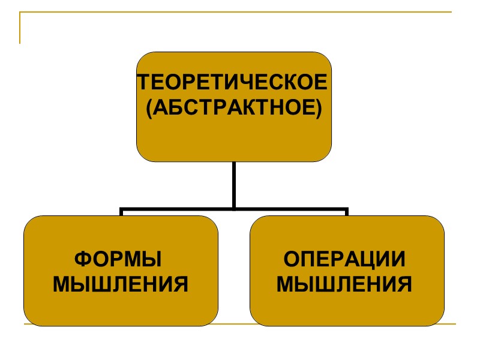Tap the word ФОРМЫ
[118, 260]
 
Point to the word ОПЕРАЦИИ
[344, 260]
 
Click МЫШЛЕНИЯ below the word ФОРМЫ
[121, 284]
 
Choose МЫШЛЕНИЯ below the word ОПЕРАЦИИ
[344, 284]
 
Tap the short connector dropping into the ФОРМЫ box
[121, 212]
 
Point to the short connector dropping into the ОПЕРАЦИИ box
[347, 212]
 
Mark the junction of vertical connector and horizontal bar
[234, 209]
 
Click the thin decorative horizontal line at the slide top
[240, 12]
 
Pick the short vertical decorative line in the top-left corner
[20, 28]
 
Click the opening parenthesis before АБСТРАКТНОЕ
[150, 109]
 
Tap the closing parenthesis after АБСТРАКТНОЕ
[319, 109]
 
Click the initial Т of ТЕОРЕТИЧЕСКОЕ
[142, 82]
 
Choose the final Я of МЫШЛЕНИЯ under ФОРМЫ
[181, 284]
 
